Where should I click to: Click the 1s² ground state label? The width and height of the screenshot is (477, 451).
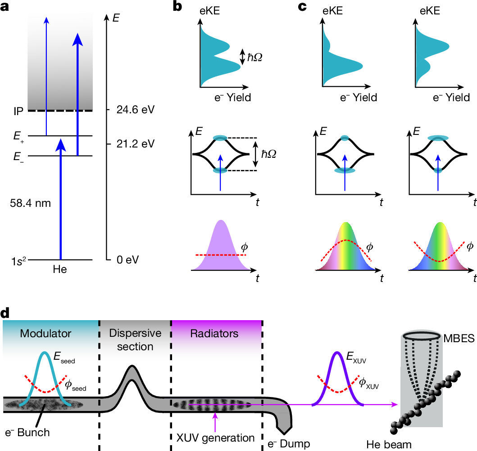pyautogui.click(x=18, y=260)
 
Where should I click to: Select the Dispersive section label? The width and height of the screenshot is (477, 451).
pyautogui.click(x=135, y=340)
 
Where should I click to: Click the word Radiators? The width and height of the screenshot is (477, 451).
pyautogui.click(x=214, y=334)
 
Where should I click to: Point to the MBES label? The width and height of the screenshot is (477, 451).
pyautogui.click(x=459, y=337)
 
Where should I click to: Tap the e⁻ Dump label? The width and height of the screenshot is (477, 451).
pyautogui.click(x=288, y=444)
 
